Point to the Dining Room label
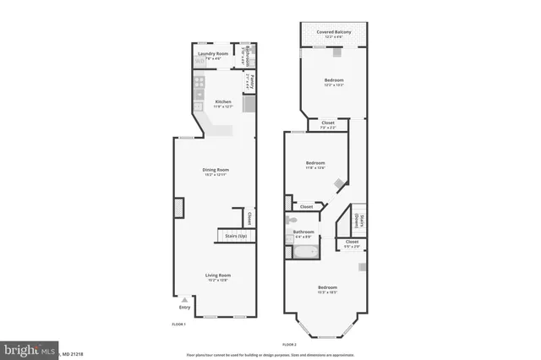point(216,170)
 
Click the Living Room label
point(218,275)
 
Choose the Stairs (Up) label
point(236,236)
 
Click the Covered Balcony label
point(335,32)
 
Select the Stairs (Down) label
point(360,222)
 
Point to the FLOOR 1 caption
point(178,324)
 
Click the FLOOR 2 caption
point(290,344)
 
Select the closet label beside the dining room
point(250,219)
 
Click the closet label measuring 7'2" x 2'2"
point(329,124)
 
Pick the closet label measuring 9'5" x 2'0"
point(352,243)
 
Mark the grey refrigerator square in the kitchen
point(249,104)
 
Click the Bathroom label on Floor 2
point(303,232)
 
